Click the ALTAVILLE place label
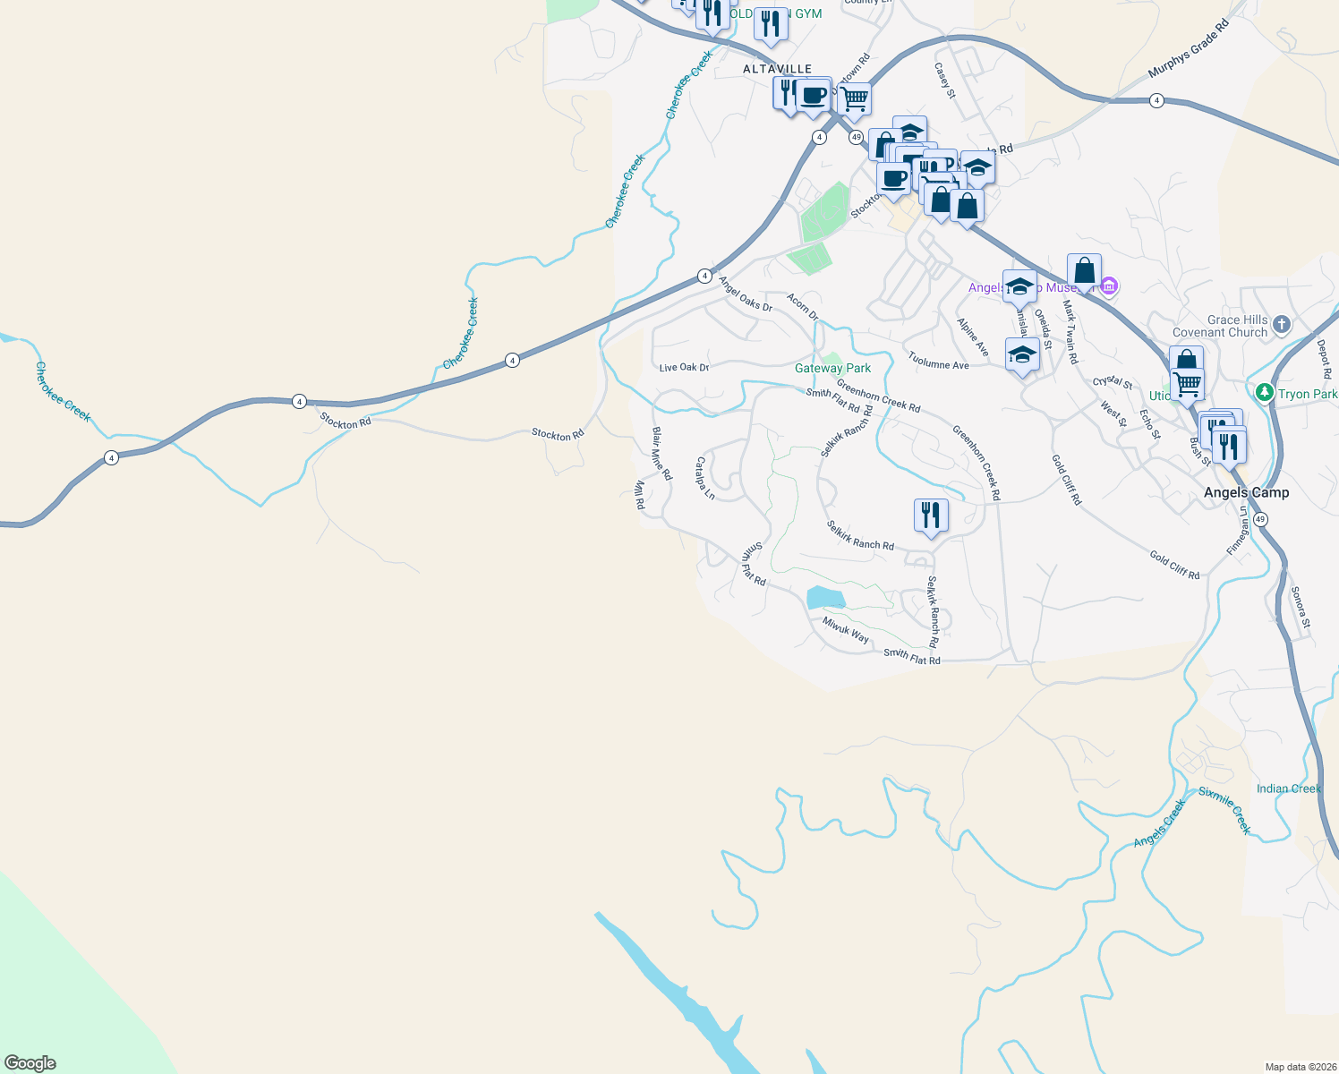[777, 69]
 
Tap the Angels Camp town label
[1246, 492]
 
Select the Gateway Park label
[832, 368]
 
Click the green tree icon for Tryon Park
[1264, 392]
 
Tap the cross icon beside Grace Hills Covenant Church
[1282, 324]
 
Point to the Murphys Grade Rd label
[1189, 47]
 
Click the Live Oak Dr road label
[684, 368]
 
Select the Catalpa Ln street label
[705, 478]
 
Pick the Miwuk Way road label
[846, 630]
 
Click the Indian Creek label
[1288, 788]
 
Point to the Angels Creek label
[1158, 824]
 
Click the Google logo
[30, 1062]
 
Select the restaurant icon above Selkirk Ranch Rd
[931, 516]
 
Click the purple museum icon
[1109, 286]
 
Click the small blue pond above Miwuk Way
[824, 597]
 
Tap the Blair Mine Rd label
[661, 453]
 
